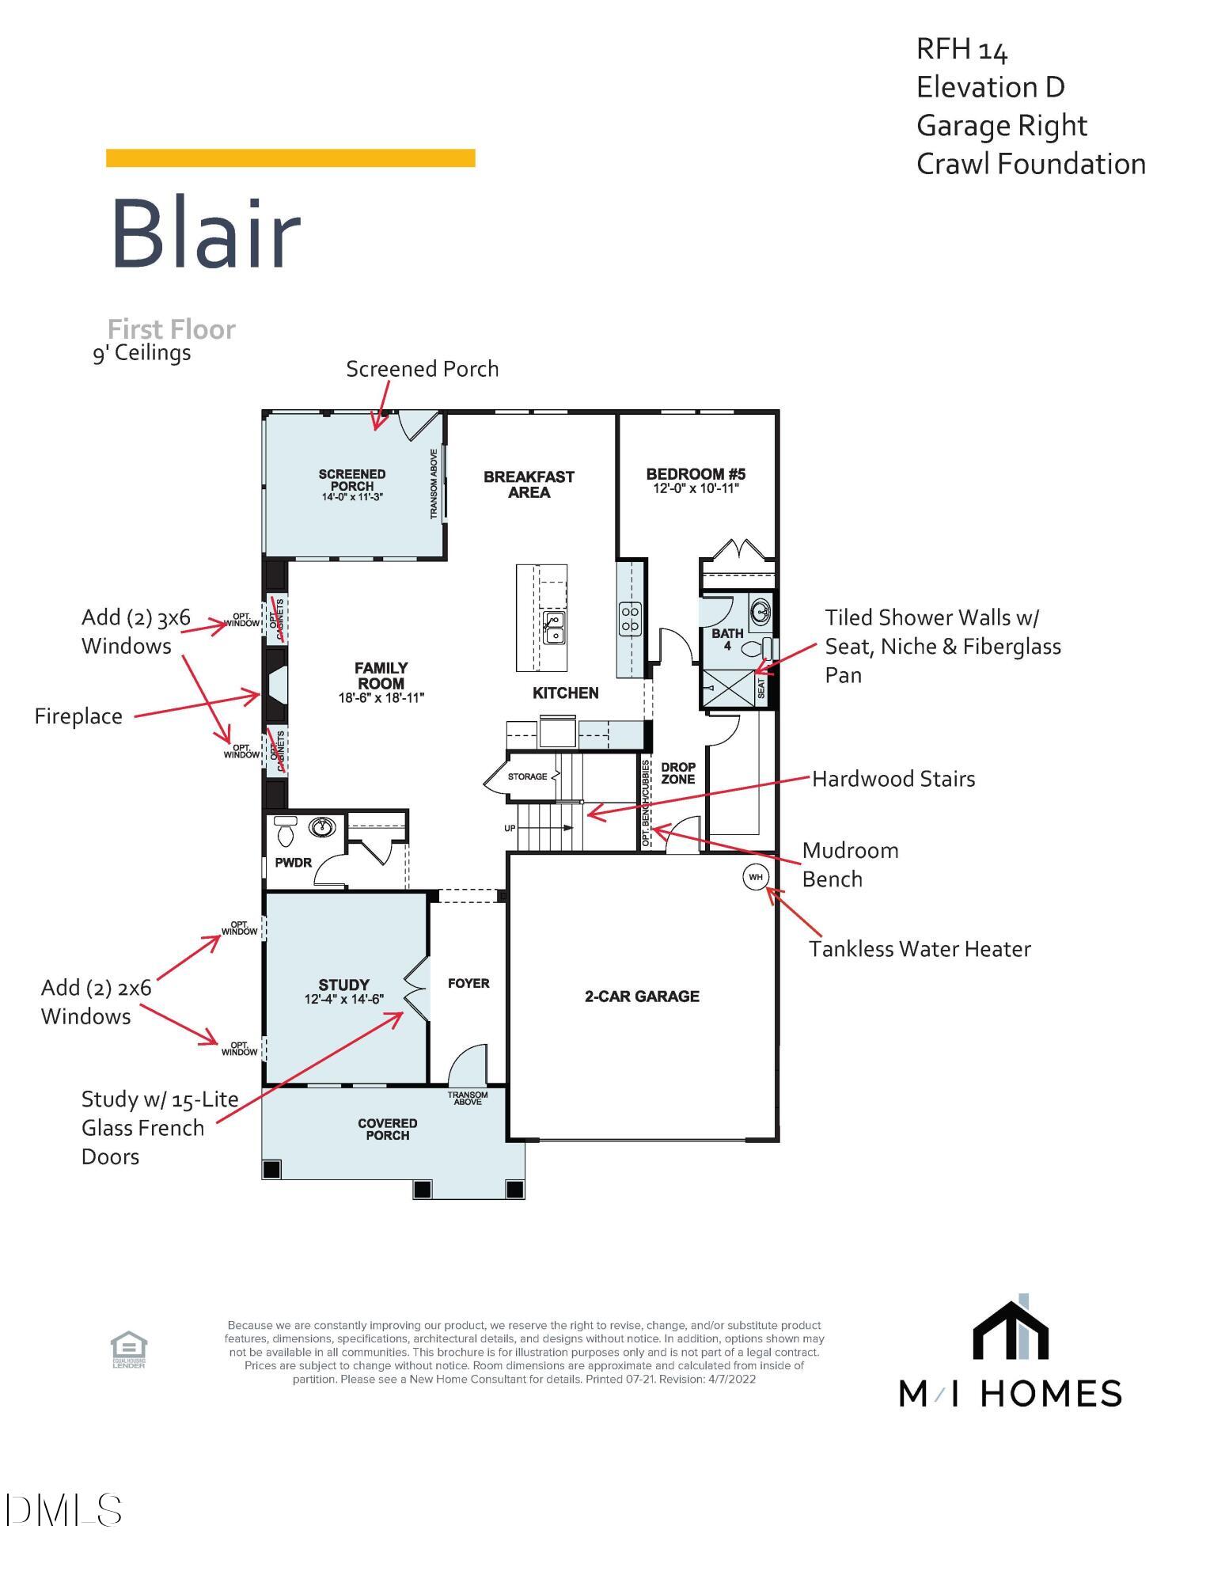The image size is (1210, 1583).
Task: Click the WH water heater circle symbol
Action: coord(756,877)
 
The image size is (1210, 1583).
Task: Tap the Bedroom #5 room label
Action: coord(696,474)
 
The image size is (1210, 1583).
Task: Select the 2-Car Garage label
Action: coord(642,996)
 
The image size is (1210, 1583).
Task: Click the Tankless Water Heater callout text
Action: coord(920,949)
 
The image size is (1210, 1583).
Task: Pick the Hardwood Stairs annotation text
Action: coord(893,779)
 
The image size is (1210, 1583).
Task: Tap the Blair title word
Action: coord(206,233)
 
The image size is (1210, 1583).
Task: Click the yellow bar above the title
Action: coord(290,158)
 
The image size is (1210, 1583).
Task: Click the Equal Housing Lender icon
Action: coord(128,1350)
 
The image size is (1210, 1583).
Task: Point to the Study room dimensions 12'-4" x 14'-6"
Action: coord(344,999)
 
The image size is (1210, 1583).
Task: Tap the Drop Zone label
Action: coord(678,773)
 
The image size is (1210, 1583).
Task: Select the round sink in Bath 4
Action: coord(761,611)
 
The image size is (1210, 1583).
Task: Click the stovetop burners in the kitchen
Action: coord(631,618)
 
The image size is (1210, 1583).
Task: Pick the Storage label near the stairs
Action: coord(528,776)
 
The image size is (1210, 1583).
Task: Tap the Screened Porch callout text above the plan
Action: coord(423,369)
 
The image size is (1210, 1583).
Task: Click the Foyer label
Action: coord(468,983)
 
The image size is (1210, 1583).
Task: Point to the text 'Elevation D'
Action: coord(991,87)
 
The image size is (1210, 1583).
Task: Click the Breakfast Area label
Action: coord(529,484)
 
